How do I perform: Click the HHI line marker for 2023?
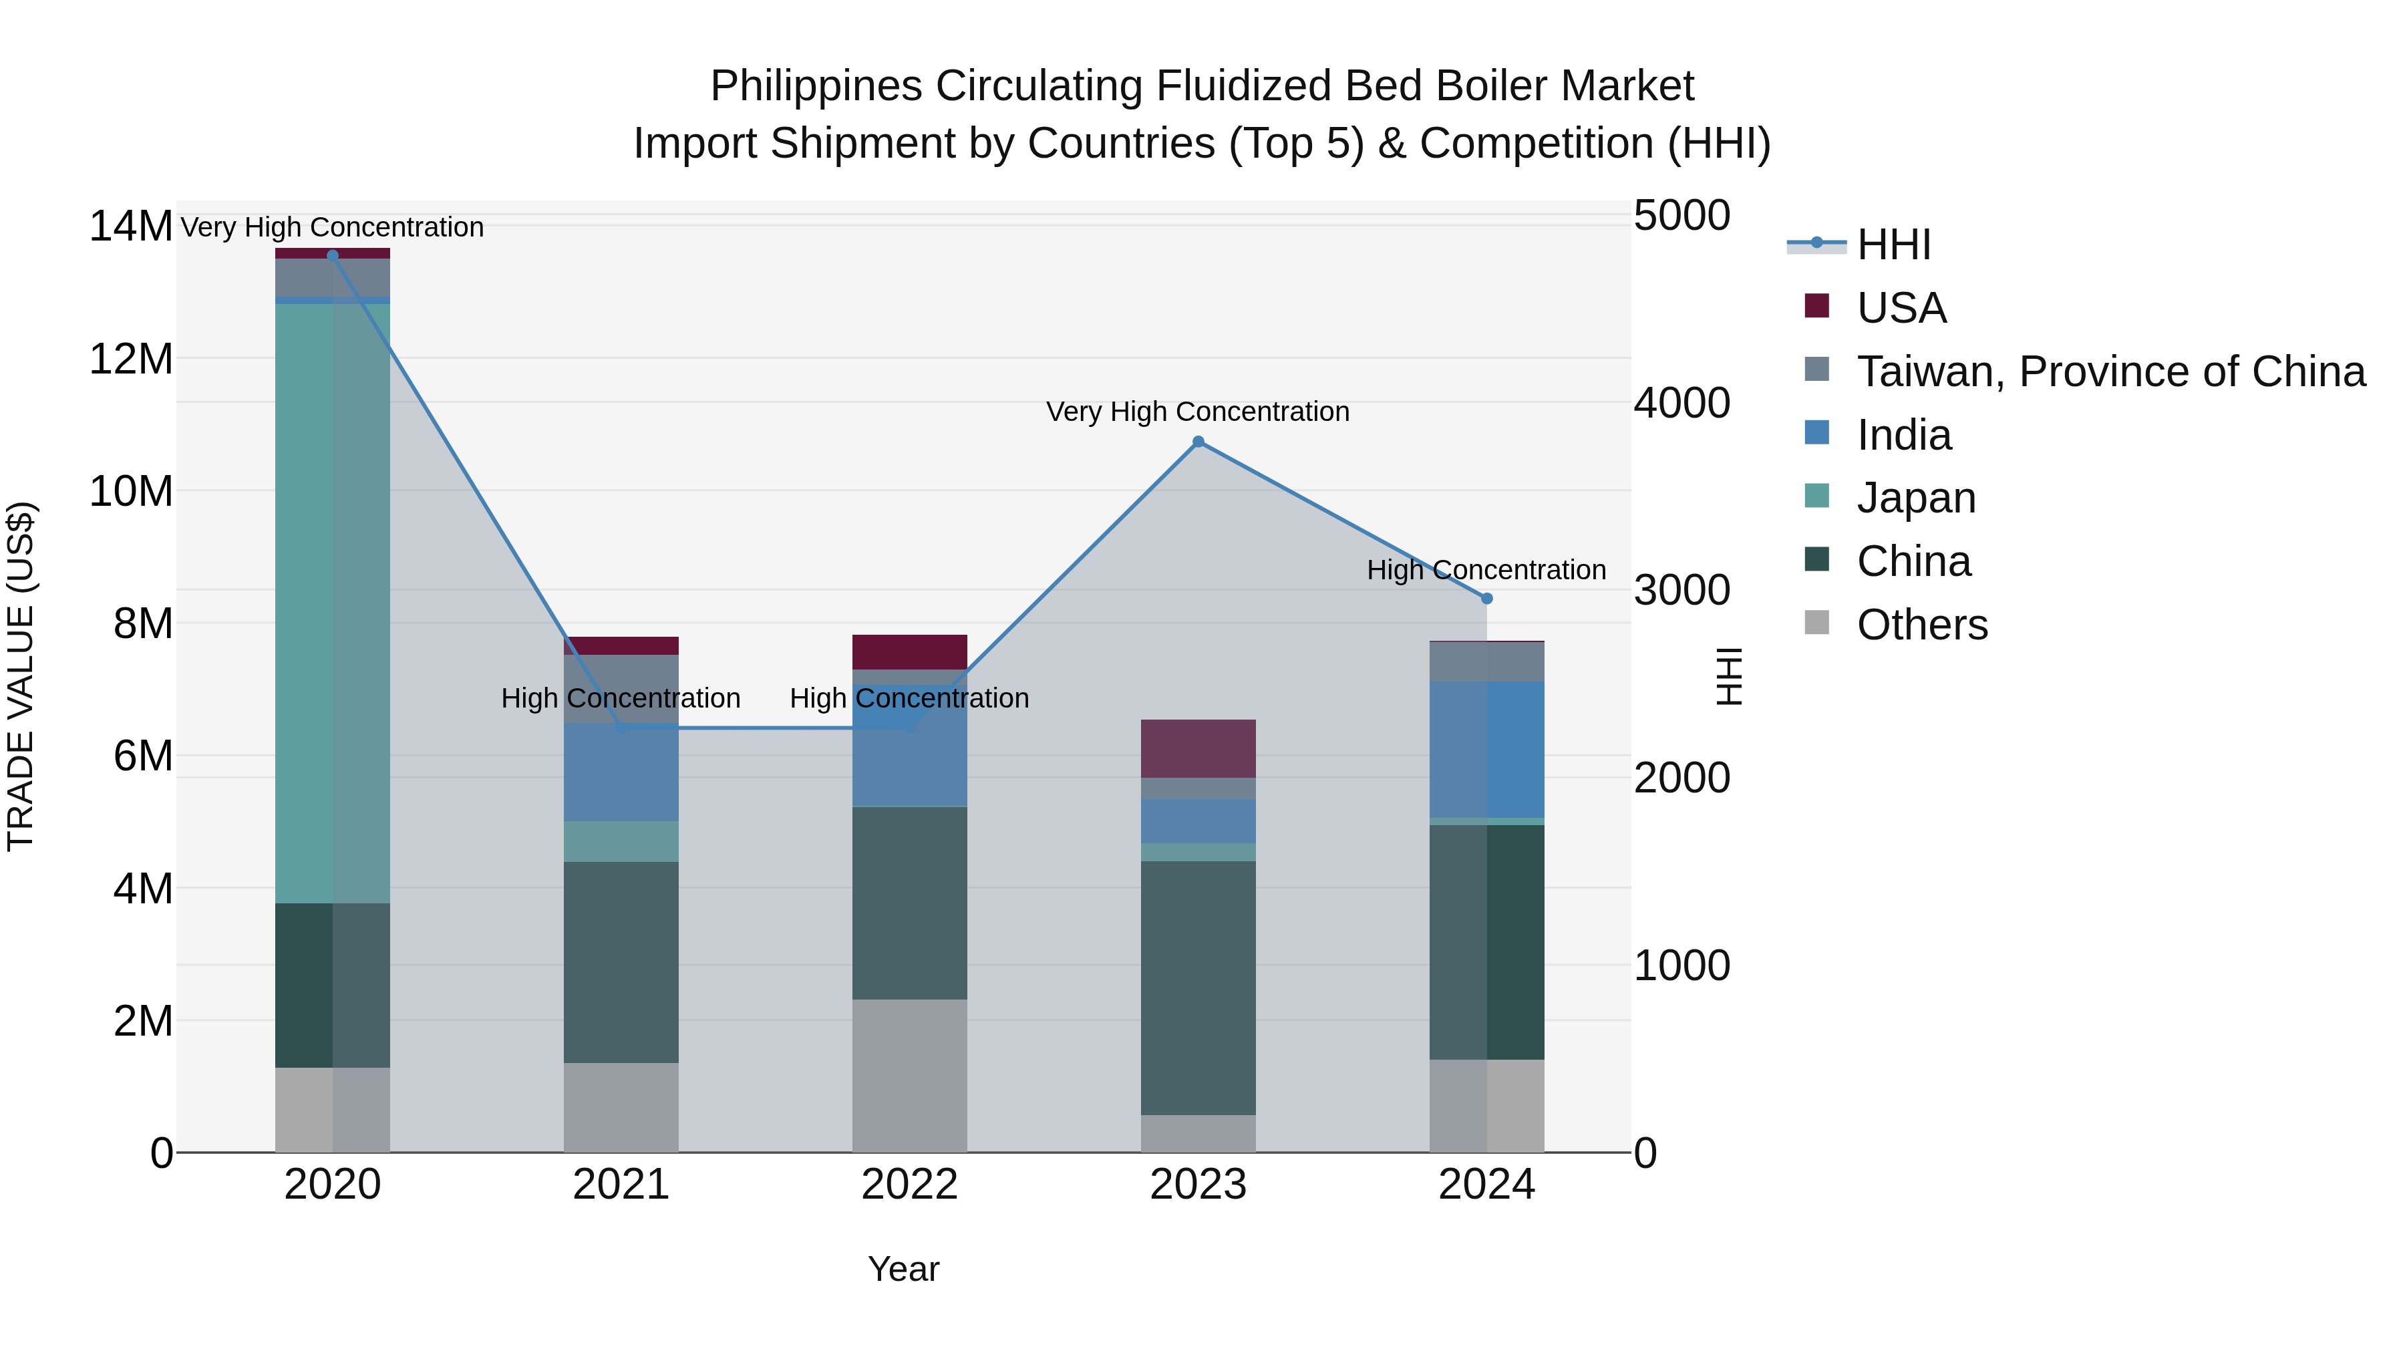pos(1198,442)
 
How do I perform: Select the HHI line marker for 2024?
pos(1487,599)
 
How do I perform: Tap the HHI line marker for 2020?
pos(333,256)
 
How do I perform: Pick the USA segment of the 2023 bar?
pos(1198,749)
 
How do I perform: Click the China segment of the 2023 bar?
pos(1198,988)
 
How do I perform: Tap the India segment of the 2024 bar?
pos(1487,750)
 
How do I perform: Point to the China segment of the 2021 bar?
pos(621,961)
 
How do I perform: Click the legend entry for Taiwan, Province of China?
pos(2110,371)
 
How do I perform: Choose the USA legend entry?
pos(1901,308)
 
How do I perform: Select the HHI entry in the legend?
pos(1893,245)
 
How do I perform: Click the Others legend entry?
pos(1921,625)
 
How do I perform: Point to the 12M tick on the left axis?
pos(131,359)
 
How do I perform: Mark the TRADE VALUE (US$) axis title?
pos(21,676)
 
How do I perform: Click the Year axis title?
pos(903,1269)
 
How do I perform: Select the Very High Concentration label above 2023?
pos(1198,412)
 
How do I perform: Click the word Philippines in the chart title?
pos(817,86)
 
